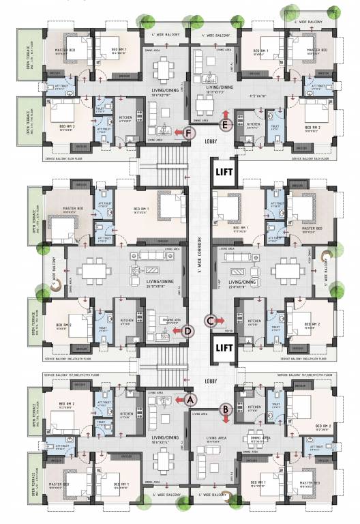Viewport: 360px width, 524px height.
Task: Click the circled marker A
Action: click(190, 400)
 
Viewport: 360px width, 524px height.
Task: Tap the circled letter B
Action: click(224, 409)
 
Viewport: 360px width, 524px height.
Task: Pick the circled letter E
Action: click(226, 124)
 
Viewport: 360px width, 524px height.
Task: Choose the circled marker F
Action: click(187, 133)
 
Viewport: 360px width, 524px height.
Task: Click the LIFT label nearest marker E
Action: click(223, 166)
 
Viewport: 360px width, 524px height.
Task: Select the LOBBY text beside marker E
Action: click(211, 142)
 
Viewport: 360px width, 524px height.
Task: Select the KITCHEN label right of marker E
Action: click(252, 127)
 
